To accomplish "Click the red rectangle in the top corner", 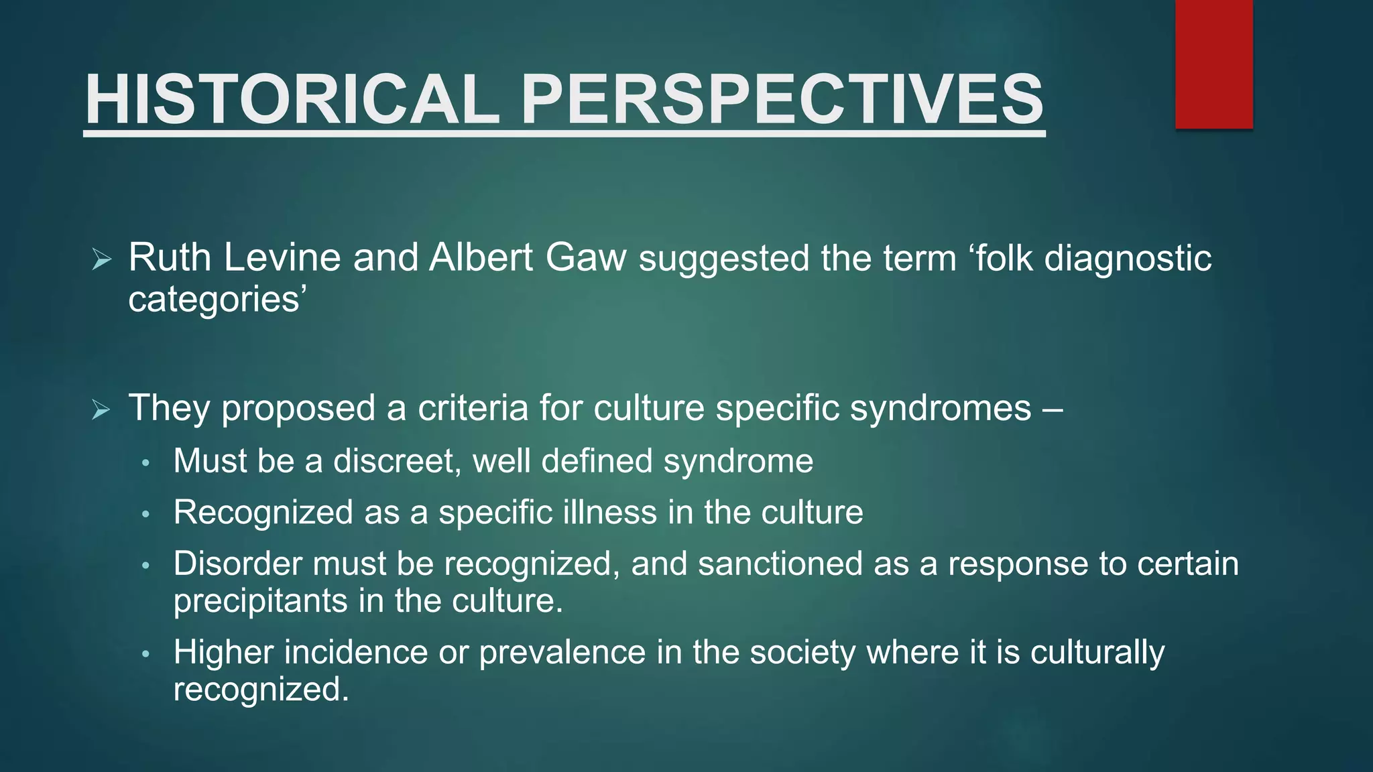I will point(1213,64).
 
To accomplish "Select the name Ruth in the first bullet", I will point(169,257).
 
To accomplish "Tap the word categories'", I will point(217,299).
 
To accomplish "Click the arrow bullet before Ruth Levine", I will point(101,259).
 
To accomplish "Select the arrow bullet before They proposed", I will point(101,409).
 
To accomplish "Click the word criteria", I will point(473,407).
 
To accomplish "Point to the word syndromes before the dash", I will point(941,409).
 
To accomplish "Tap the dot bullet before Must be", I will point(146,463).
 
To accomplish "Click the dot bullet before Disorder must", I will point(146,566).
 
